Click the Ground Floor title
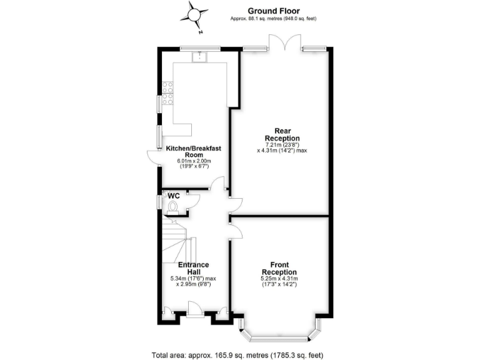[x=274, y=11]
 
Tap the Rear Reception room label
[x=282, y=134]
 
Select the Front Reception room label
[x=279, y=268]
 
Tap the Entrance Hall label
[x=193, y=268]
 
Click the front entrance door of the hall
[x=194, y=307]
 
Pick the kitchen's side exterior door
[x=153, y=158]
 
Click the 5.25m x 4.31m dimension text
[x=279, y=278]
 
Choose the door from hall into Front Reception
[x=236, y=229]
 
